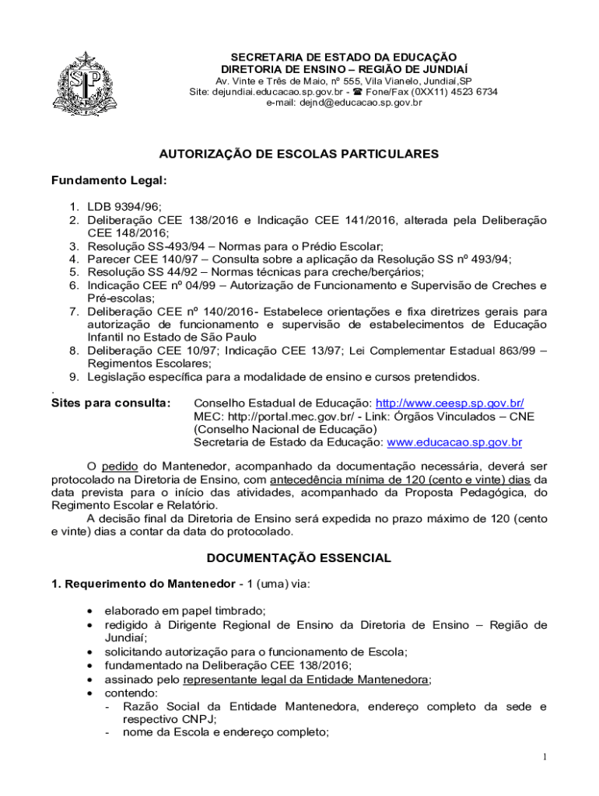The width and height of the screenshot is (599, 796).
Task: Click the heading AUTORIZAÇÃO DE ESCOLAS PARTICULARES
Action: click(299, 154)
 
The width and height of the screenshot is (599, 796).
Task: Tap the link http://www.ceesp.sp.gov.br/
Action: click(450, 403)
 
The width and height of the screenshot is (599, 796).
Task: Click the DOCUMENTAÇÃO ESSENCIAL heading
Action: click(299, 558)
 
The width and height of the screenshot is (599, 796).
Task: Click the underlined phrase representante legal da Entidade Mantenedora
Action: click(306, 679)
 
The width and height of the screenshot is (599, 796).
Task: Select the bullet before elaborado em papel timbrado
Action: click(94, 611)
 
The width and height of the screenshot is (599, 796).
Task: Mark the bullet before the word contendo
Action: click(94, 692)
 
